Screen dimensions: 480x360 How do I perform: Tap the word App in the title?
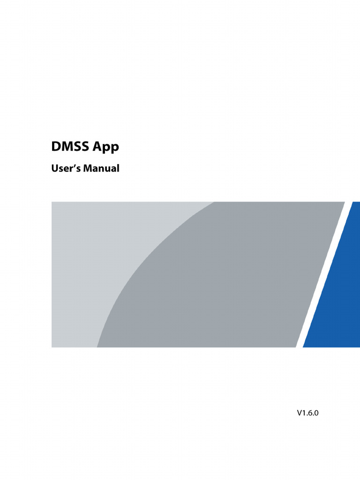coord(106,148)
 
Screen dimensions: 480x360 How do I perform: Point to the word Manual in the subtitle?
coord(101,168)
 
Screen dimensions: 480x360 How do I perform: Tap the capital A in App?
coord(97,147)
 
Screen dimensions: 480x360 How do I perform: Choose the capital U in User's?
coord(54,168)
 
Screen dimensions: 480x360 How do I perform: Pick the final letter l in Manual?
coord(118,168)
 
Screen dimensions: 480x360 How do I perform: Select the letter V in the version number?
coord(299,413)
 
